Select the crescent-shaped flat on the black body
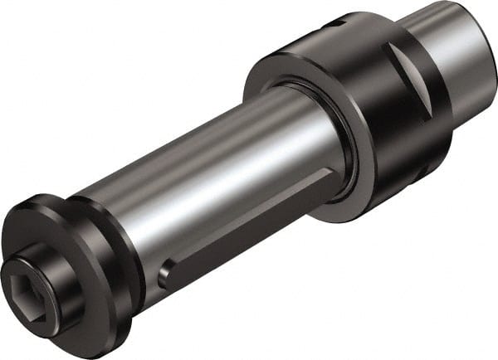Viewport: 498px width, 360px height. [407, 83]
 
